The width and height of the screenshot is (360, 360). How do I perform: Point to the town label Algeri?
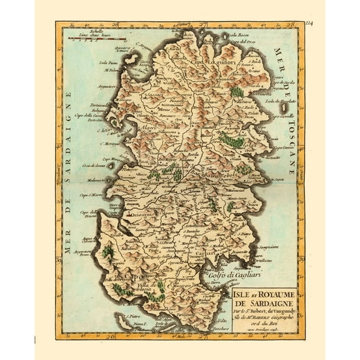tap(151, 126)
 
